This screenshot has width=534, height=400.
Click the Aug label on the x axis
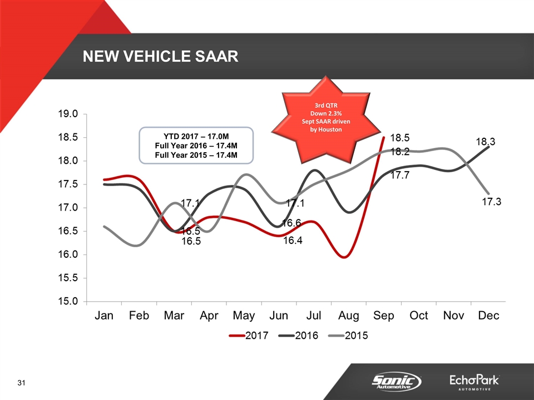[349, 316]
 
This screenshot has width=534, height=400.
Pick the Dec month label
[489, 316]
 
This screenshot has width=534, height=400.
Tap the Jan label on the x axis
[104, 316]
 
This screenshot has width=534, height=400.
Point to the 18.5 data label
[400, 138]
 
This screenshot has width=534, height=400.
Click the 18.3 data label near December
[486, 143]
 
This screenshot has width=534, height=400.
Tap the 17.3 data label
[492, 202]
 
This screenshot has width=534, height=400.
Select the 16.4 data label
[293, 241]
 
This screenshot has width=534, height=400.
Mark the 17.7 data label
[400, 175]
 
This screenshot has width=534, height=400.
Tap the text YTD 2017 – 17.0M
[196, 136]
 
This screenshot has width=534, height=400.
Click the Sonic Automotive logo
[396, 382]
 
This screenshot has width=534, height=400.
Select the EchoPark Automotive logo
[474, 382]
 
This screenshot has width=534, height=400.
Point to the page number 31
[22, 383]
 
